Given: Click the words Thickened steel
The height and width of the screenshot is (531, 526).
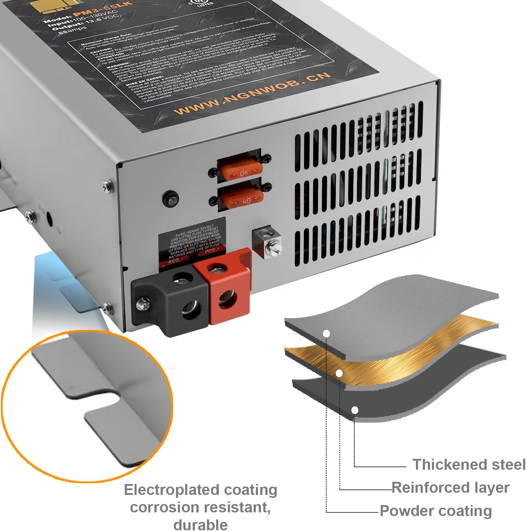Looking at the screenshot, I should (x=468, y=465).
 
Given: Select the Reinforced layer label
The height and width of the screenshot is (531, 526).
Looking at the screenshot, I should (x=451, y=488).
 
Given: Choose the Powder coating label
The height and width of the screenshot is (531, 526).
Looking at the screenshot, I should (x=436, y=511).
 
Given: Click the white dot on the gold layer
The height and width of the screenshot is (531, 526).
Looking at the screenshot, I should (x=339, y=373).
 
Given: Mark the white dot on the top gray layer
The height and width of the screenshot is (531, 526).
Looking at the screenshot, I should (x=327, y=333).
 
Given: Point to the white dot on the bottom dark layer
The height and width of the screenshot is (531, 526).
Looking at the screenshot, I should (x=355, y=410).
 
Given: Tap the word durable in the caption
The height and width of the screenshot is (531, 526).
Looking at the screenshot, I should (x=200, y=525).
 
